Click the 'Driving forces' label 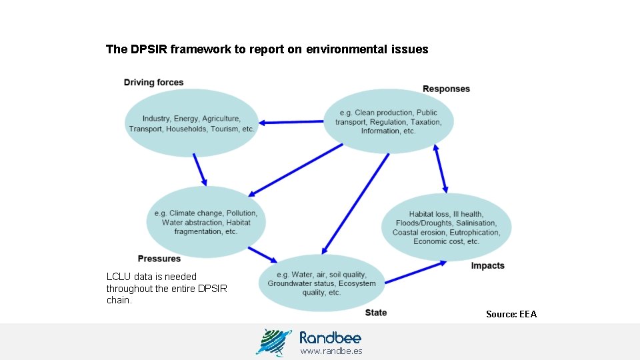tap(153, 83)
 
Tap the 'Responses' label tap(446, 89)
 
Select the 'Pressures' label tap(159, 259)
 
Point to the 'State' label tap(376, 313)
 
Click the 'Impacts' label tap(488, 266)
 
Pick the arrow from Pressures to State tap(263, 254)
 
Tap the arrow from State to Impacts tap(416, 271)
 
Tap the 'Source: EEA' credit tap(511, 314)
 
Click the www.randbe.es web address tap(331, 351)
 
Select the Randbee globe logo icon tap(273, 341)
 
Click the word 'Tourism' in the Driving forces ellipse tap(225, 129)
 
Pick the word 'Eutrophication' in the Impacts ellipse tap(475, 233)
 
